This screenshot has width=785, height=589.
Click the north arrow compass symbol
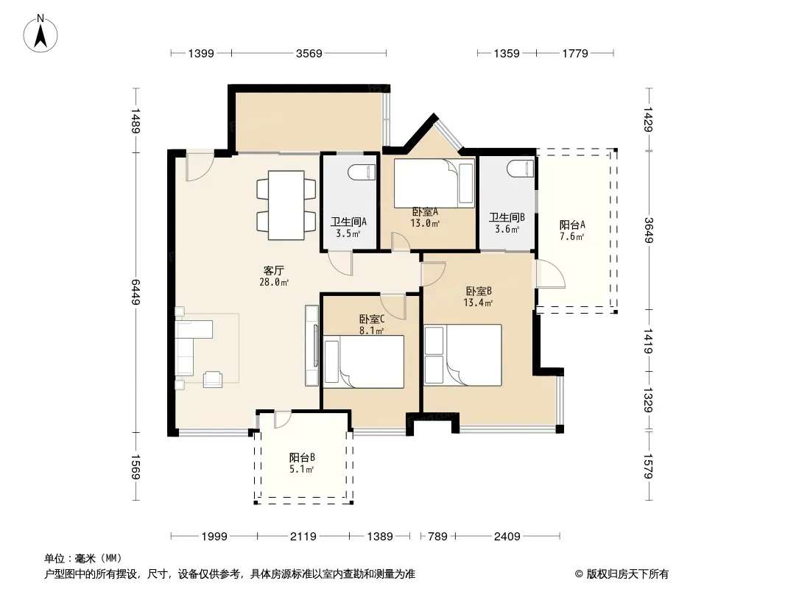(41, 34)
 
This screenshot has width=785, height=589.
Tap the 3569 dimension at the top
(309, 53)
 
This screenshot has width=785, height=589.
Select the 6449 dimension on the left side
(135, 292)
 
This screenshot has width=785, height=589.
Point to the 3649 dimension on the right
(649, 230)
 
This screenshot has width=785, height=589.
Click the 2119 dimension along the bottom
(303, 537)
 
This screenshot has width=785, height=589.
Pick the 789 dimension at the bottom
(437, 537)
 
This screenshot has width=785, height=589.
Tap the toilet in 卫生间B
(520, 168)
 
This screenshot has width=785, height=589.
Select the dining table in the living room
(286, 205)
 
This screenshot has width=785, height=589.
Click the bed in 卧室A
(434, 183)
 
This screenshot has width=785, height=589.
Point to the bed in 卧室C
(364, 361)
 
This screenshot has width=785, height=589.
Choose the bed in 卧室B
(462, 355)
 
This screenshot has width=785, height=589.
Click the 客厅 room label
(274, 271)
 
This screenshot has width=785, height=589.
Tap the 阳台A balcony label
(572, 225)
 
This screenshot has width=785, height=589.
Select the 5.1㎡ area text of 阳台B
(301, 470)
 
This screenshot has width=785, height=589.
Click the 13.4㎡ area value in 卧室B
(478, 303)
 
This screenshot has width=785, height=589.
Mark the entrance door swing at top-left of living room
(200, 166)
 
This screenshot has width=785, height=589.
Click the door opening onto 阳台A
(551, 274)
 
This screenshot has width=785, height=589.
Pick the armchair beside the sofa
(213, 379)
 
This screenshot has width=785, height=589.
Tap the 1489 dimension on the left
(135, 121)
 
